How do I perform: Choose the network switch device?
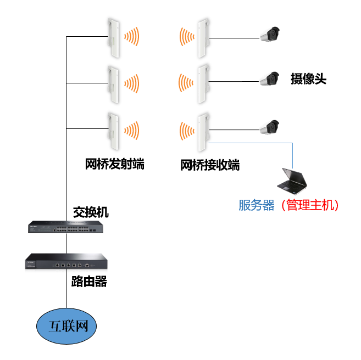click(x=66, y=227)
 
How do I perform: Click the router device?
click(x=66, y=262)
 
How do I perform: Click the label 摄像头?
click(x=308, y=79)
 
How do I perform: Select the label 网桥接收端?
click(x=210, y=165)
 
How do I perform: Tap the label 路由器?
click(x=89, y=283)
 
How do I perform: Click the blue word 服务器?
click(x=256, y=205)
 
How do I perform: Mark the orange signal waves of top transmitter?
click(x=132, y=37)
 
